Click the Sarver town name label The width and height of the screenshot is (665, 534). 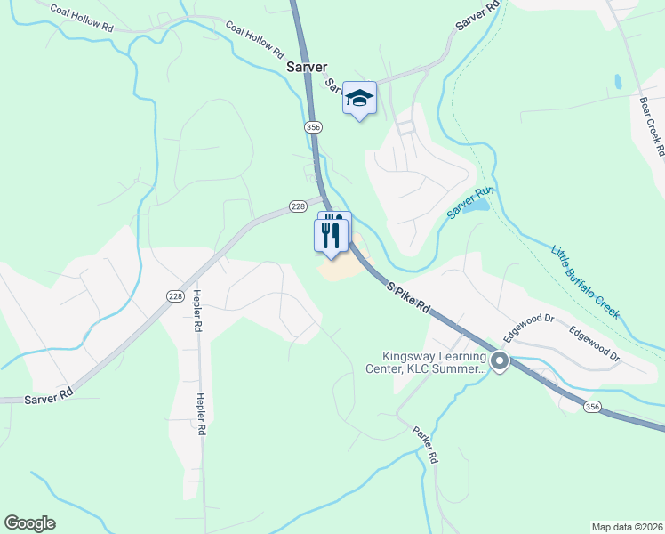[307, 67]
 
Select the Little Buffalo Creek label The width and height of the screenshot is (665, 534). [584, 281]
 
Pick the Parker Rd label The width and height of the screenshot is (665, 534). [426, 443]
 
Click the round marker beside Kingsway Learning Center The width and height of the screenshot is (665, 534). [500, 361]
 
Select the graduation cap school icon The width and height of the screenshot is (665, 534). [359, 98]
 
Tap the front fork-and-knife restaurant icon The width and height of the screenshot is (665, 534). [330, 235]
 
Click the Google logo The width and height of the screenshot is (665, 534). [30, 523]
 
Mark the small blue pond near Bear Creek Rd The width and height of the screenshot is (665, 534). [618, 82]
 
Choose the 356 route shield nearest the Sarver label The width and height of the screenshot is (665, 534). [312, 128]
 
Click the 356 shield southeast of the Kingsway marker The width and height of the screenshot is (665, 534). [592, 406]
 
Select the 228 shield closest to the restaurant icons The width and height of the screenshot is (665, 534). [298, 206]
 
